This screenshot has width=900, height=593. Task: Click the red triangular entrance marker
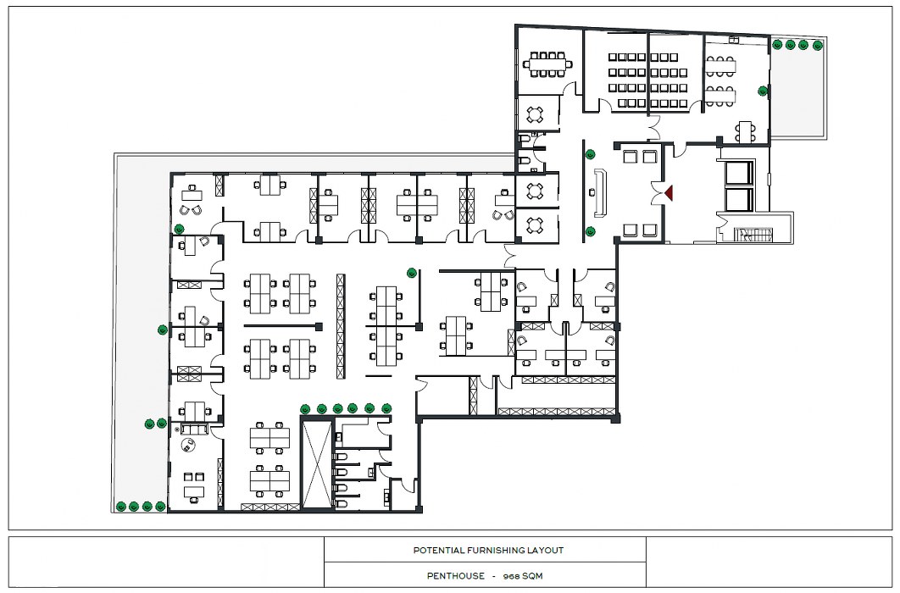[668, 192]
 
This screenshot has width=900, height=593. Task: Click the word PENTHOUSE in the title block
[456, 576]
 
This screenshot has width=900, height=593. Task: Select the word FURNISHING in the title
[498, 551]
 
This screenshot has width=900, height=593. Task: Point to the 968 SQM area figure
[522, 576]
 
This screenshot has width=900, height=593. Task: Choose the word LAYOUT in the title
[548, 551]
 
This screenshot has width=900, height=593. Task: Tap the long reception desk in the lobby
[601, 192]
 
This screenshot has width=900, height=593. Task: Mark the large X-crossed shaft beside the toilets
[317, 464]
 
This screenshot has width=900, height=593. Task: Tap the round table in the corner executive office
[187, 444]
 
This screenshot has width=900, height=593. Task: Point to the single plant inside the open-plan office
[412, 273]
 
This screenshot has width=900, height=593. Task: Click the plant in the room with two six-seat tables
[763, 91]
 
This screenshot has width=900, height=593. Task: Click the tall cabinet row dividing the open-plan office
[341, 326]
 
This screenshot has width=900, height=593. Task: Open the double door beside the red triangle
[658, 193]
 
